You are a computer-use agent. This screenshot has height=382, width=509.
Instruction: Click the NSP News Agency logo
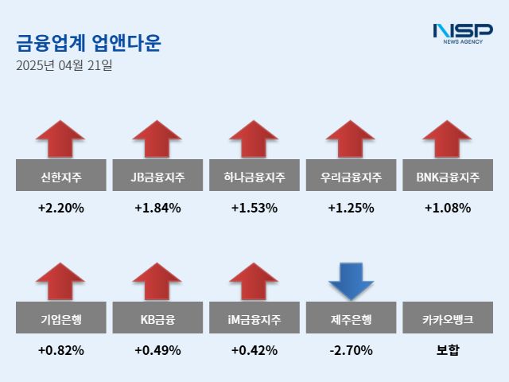click(462, 33)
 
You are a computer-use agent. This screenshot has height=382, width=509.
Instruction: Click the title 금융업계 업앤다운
click(88, 42)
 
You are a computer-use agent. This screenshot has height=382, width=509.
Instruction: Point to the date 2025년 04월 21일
click(64, 66)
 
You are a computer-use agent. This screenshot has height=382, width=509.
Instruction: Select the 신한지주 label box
click(60, 176)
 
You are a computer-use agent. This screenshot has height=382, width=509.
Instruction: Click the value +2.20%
click(60, 209)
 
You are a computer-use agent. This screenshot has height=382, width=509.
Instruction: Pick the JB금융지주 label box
click(157, 176)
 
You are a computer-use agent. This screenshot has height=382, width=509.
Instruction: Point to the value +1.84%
click(157, 209)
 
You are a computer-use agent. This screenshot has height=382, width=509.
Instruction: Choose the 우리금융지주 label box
click(351, 176)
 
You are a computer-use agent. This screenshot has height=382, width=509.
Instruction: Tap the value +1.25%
click(351, 209)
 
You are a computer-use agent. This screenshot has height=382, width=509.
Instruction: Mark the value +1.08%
click(447, 209)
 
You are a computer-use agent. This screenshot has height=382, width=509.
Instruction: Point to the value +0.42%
click(254, 350)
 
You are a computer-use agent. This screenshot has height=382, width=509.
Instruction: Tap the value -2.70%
click(351, 350)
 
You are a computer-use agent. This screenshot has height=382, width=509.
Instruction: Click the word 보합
click(447, 350)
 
